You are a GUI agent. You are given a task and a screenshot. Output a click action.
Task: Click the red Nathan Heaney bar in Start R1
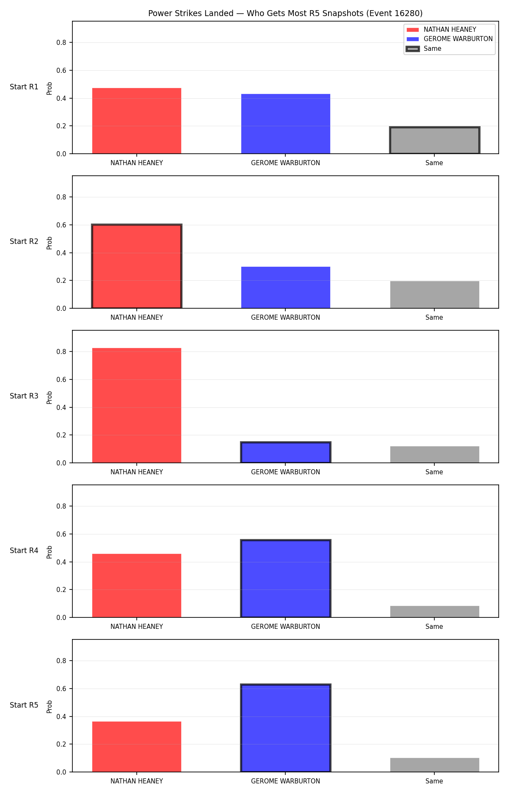click(137, 121)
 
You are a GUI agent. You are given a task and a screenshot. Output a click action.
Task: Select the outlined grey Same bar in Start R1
click(434, 140)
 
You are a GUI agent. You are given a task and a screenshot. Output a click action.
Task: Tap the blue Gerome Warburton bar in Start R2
click(286, 288)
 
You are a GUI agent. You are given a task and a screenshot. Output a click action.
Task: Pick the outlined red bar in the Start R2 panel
click(137, 266)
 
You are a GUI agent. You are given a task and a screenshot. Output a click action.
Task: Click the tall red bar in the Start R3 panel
click(137, 405)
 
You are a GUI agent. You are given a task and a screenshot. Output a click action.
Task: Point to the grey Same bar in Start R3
click(434, 454)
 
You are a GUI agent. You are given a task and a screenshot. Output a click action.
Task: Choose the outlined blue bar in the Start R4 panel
click(286, 578)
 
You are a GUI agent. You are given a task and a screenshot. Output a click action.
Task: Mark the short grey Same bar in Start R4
click(434, 611)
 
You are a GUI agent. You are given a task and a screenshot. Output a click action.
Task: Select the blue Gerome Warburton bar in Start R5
click(286, 728)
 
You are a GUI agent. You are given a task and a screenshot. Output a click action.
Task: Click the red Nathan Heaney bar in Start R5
click(137, 747)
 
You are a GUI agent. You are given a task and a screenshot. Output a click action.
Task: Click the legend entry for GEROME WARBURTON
click(450, 39)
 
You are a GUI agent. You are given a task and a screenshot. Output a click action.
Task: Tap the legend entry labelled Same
click(424, 49)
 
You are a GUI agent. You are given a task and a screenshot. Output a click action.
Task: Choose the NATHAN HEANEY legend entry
click(442, 30)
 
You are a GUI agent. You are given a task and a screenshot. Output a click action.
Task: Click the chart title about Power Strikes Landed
click(285, 14)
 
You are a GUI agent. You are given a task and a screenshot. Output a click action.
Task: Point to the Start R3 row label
click(24, 396)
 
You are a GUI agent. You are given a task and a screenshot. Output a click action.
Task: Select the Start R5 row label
click(24, 705)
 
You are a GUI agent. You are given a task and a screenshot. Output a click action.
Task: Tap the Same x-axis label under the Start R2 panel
click(434, 318)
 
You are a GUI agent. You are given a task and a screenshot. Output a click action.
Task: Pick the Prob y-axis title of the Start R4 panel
click(50, 552)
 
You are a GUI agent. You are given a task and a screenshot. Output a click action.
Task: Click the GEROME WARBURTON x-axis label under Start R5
click(286, 781)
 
